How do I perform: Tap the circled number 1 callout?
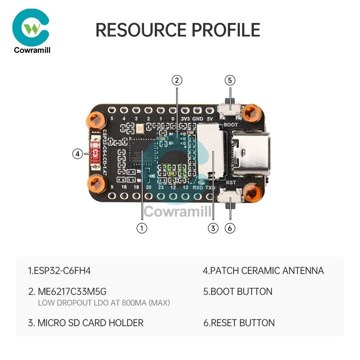point(142,228)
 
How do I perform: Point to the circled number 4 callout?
point(77,154)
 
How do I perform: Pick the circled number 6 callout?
point(230,228)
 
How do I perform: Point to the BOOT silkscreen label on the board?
point(230,124)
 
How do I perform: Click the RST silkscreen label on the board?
point(231,183)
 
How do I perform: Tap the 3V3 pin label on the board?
point(185,118)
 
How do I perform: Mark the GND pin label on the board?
point(198,118)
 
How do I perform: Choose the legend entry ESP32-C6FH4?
point(59,270)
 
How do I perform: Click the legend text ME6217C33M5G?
point(67,291)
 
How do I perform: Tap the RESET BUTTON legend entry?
point(239,323)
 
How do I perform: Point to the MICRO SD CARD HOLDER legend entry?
point(86,323)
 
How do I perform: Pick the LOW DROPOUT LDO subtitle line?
point(104,303)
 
